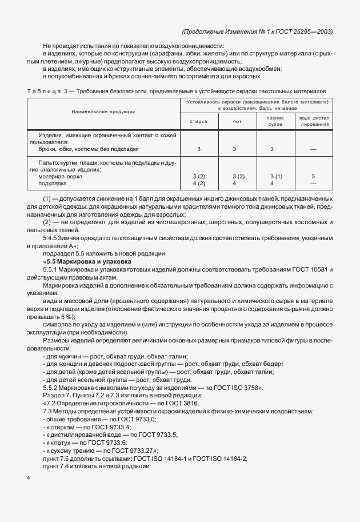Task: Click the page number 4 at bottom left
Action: pos(28,476)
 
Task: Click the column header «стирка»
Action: pos(198,121)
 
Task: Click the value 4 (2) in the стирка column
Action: pos(198,184)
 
